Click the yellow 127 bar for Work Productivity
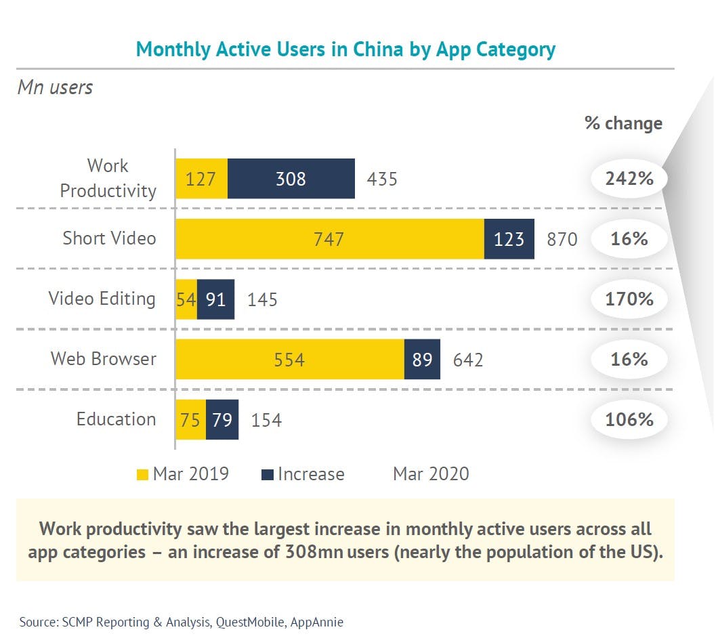click(x=201, y=179)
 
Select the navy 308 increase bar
click(x=291, y=179)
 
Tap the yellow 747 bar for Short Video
click(x=329, y=239)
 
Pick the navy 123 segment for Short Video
click(x=509, y=239)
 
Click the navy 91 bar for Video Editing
click(x=215, y=299)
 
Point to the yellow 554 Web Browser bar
click(x=289, y=360)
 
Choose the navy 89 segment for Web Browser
click(x=422, y=360)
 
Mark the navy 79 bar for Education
click(x=222, y=420)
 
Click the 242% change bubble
click(x=629, y=179)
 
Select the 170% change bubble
click(x=629, y=299)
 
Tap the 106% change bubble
click(x=629, y=420)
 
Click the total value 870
click(x=562, y=239)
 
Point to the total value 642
click(x=468, y=360)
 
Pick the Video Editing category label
click(x=102, y=299)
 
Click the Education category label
click(x=116, y=419)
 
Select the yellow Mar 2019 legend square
click(x=142, y=475)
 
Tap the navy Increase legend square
click(x=267, y=475)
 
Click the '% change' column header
click(x=623, y=123)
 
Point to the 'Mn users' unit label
click(x=55, y=87)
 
